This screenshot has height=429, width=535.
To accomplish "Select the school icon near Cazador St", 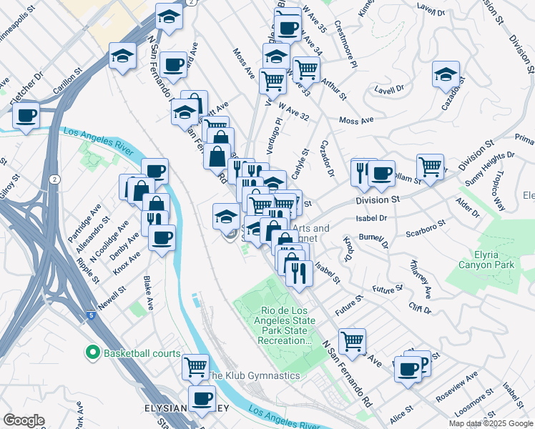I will pyautogui.click(x=446, y=74).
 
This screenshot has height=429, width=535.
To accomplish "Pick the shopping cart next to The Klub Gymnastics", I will pyautogui.click(x=195, y=367).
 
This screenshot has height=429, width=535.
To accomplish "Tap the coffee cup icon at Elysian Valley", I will pyautogui.click(x=202, y=398).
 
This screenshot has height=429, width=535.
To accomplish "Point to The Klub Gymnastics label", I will pyautogui.click(x=253, y=375).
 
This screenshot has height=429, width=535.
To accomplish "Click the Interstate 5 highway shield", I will pyautogui.click(x=89, y=315).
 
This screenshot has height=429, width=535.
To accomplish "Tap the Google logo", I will pyautogui.click(x=24, y=420).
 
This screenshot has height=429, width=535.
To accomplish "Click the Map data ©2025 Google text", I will pyautogui.click(x=491, y=423).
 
